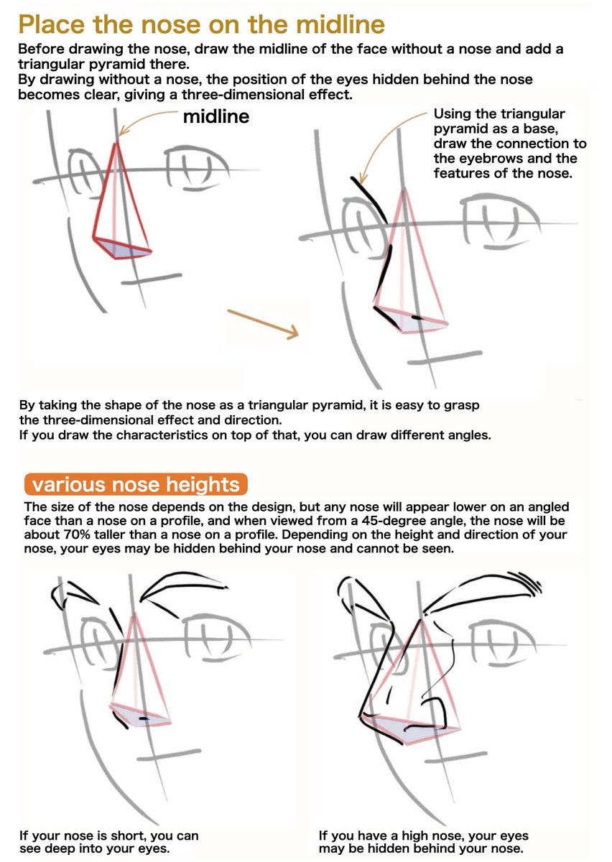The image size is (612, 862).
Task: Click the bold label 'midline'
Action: [215, 116]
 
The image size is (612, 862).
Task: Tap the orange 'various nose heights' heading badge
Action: [136, 483]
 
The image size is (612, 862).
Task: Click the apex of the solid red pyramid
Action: [115, 144]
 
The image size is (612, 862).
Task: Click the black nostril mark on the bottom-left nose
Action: [144, 718]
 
